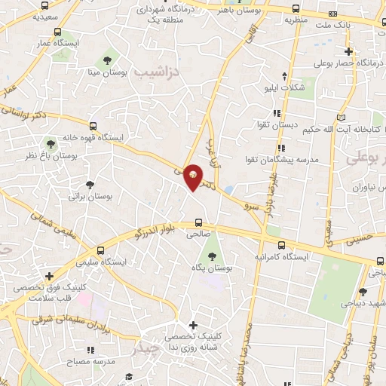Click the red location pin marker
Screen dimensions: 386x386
coord(193,177)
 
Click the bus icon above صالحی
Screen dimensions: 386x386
coord(199,222)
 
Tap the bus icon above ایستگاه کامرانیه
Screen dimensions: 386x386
coord(281,245)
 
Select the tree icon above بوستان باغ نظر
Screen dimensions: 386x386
coord(51,142)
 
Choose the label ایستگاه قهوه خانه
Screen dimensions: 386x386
coord(89,138)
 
